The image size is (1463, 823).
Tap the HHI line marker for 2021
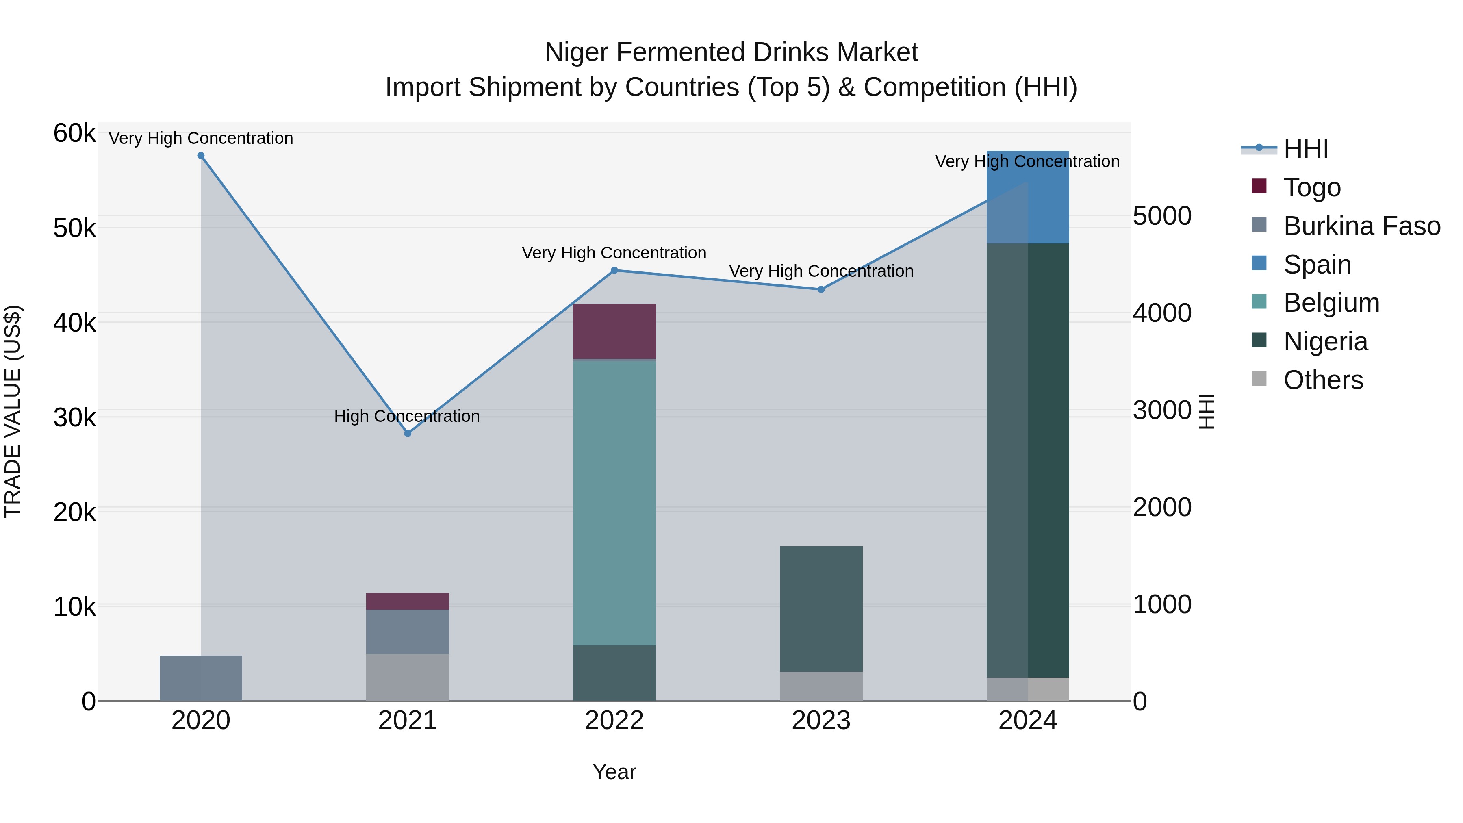click(x=407, y=433)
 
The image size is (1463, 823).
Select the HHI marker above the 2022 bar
click(x=614, y=270)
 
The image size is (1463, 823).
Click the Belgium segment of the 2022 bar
click(x=614, y=503)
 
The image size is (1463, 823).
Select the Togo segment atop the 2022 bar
click(x=614, y=331)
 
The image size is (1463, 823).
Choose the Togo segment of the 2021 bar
click(x=407, y=601)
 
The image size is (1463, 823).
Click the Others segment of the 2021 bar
click(x=407, y=677)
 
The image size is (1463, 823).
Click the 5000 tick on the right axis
click(x=1162, y=216)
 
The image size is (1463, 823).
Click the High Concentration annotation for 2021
click(x=407, y=416)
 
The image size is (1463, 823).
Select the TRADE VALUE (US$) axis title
click(x=13, y=411)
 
